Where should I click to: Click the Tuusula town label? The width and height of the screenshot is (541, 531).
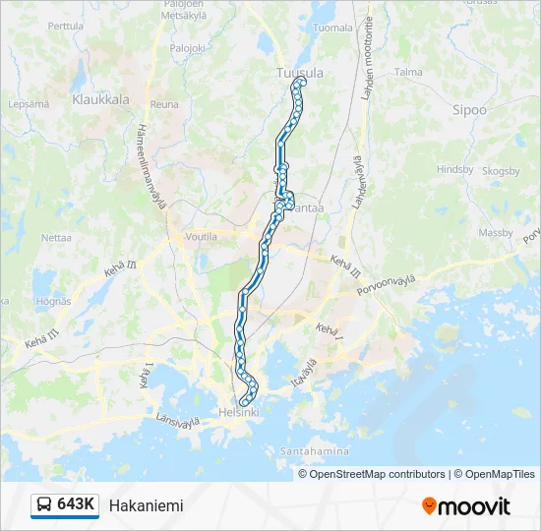[x=301, y=73]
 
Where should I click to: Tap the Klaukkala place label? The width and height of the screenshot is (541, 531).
[x=101, y=99]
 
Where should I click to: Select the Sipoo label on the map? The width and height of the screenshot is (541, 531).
[x=469, y=110]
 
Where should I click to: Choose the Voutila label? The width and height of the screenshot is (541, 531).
[x=200, y=237]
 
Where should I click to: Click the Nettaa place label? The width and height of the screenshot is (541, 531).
[x=56, y=238]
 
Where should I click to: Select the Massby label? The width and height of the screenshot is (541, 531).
[x=495, y=233]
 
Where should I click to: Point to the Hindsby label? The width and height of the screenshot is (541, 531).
[x=454, y=169]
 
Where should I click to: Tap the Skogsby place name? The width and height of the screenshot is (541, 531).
[x=501, y=171]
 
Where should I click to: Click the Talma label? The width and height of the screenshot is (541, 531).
[x=407, y=72]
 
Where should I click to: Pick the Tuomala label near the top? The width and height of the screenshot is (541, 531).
[x=331, y=28]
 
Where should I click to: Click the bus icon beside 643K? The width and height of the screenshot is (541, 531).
[x=44, y=505]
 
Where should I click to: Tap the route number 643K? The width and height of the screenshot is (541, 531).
[x=76, y=505]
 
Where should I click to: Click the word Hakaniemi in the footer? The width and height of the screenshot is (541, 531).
[x=146, y=505]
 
